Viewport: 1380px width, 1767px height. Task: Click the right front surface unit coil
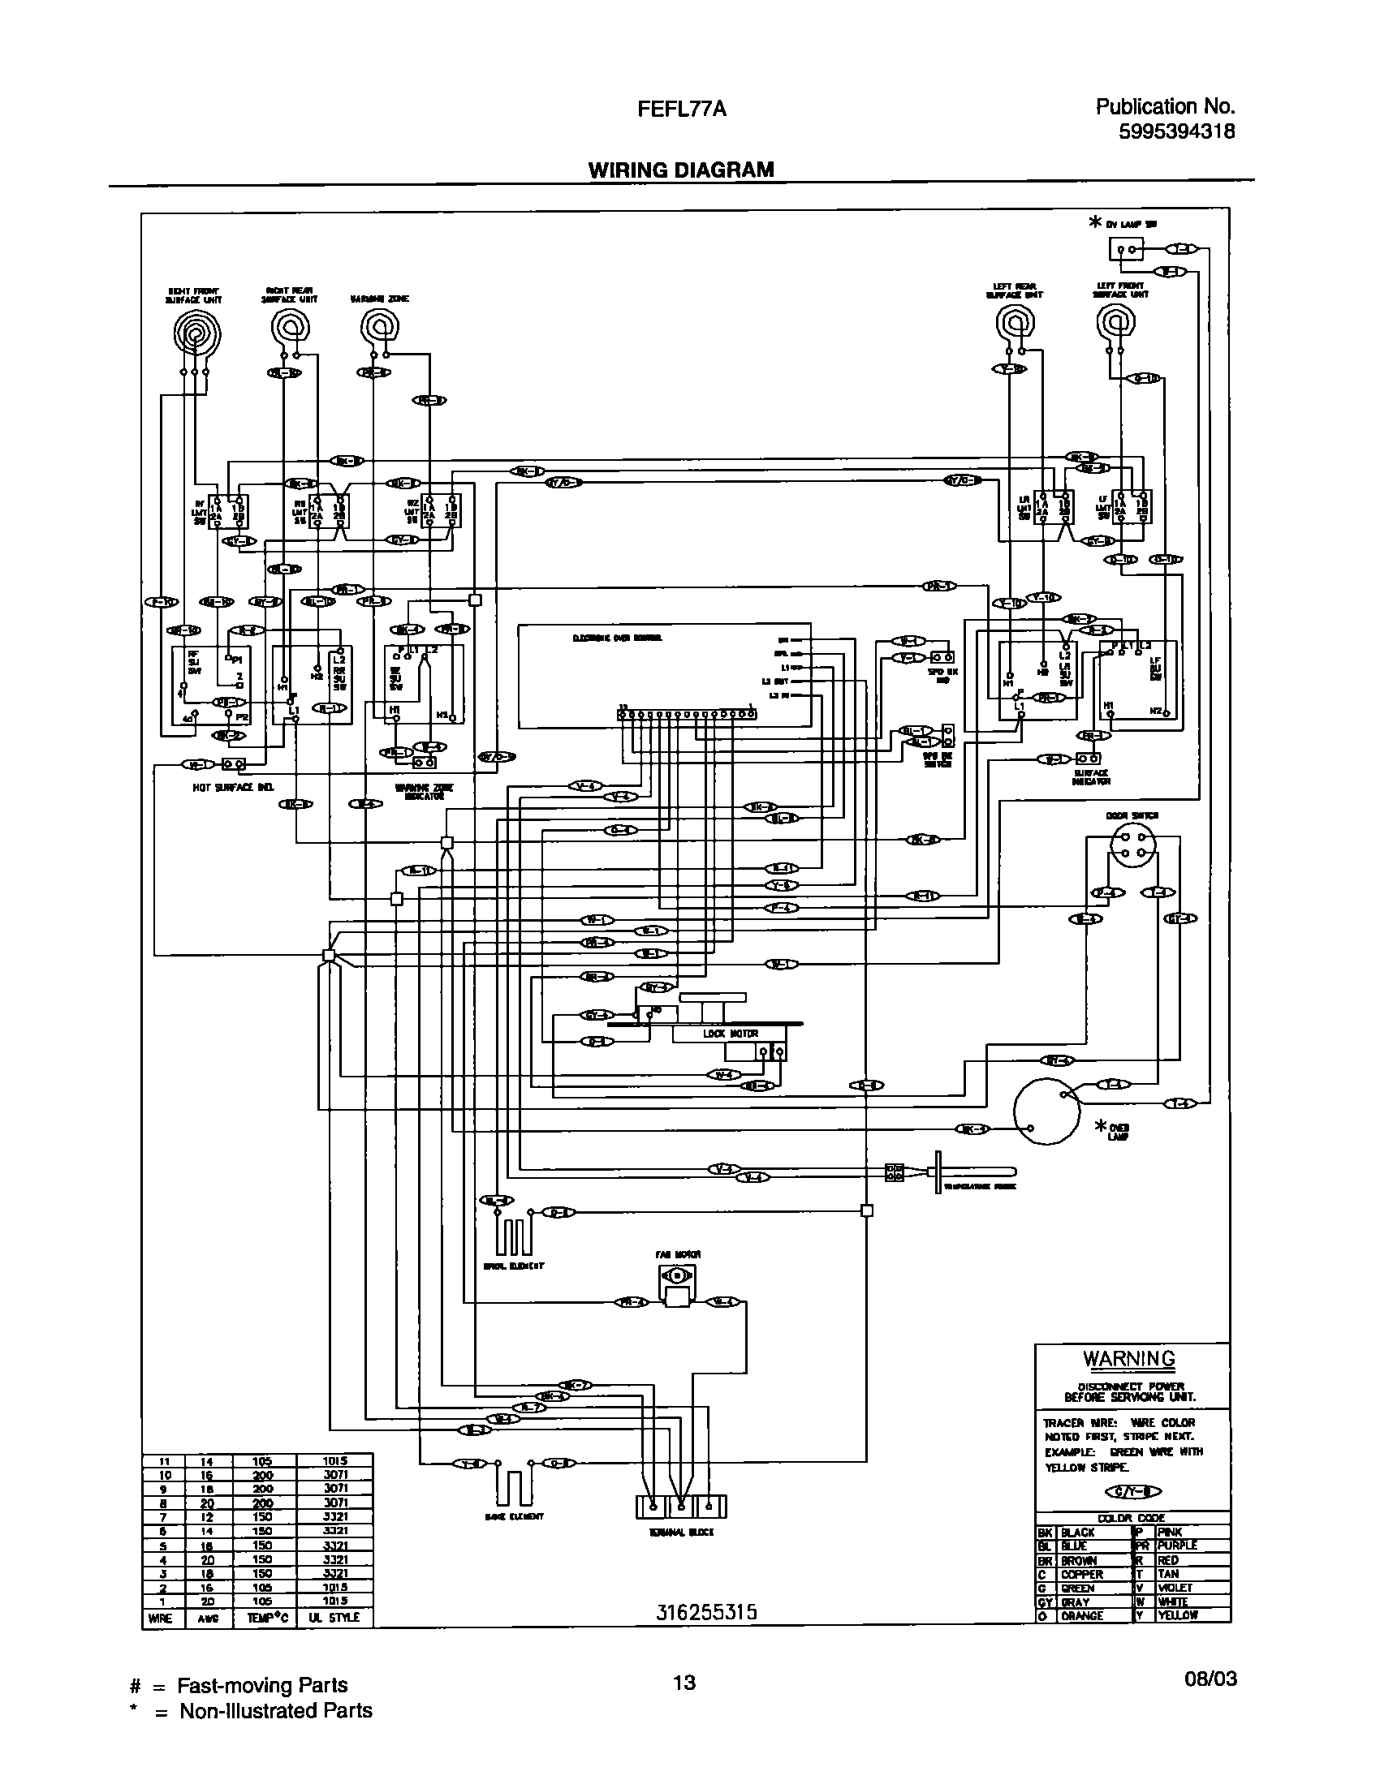194,332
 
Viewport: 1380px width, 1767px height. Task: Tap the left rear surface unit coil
1015,325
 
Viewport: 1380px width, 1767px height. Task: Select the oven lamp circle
1046,1112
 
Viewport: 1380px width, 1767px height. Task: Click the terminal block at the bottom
681,1507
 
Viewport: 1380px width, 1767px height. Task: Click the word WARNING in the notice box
1128,1358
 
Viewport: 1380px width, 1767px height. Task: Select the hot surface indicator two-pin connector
233,764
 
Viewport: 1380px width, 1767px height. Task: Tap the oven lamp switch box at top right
1125,249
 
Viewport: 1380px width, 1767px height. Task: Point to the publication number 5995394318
1176,131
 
